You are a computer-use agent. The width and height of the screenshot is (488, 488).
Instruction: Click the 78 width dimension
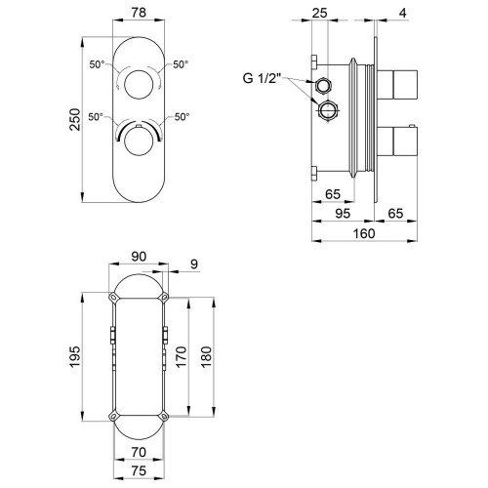(139, 13)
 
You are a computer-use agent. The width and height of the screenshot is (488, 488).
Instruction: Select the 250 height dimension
(75, 119)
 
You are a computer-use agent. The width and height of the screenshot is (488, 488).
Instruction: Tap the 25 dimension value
(319, 13)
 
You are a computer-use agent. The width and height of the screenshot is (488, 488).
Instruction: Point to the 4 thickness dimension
(403, 13)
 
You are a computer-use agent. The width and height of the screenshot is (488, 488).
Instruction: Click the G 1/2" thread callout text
(263, 78)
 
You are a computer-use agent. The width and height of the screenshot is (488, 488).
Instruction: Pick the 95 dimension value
(343, 214)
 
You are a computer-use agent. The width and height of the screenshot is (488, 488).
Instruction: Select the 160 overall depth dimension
(364, 233)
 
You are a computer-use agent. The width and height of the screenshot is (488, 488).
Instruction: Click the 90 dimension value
(139, 257)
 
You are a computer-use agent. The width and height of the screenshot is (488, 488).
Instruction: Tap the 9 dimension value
(194, 264)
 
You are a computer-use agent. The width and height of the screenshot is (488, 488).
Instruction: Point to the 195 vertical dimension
(75, 357)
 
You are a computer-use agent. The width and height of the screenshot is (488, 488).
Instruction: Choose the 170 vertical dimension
(181, 357)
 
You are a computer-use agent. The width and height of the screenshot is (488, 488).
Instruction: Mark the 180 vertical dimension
(206, 357)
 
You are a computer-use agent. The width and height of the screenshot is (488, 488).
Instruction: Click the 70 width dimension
(139, 452)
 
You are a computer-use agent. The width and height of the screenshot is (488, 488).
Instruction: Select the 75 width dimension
(139, 471)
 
